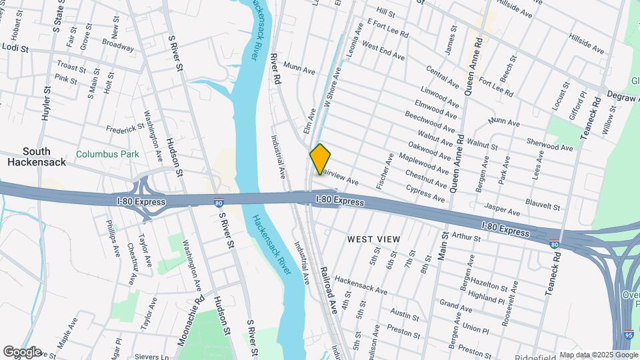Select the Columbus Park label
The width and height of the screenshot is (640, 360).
point(107,154)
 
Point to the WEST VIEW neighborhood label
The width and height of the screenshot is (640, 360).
point(373,239)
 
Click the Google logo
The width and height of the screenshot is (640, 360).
point(22,352)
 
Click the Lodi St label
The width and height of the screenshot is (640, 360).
point(16,49)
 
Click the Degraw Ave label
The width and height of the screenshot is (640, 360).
point(620,98)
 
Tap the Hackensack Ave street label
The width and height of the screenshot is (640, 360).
point(361,287)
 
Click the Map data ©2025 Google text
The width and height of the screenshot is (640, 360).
point(597,355)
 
